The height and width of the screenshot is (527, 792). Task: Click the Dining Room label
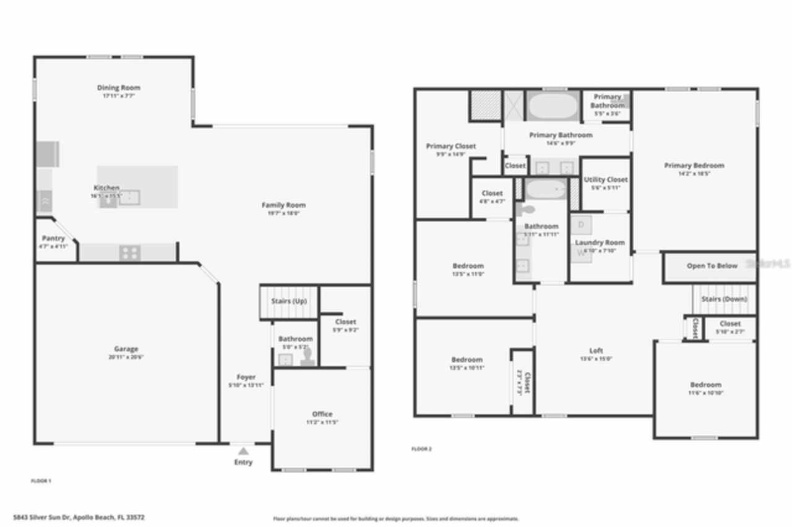pyautogui.click(x=118, y=88)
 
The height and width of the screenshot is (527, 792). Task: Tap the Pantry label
pyautogui.click(x=53, y=238)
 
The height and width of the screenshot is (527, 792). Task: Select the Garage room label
pyautogui.click(x=126, y=349)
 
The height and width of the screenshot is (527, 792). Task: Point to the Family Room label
pyautogui.click(x=283, y=205)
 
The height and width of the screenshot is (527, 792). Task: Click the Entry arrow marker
pyautogui.click(x=244, y=451)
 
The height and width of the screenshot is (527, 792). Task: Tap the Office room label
pyautogui.click(x=322, y=414)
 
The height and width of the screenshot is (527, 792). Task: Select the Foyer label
pyautogui.click(x=246, y=377)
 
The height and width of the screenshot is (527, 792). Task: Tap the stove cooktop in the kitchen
pyautogui.click(x=130, y=252)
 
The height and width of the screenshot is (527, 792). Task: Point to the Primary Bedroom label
pyautogui.click(x=694, y=166)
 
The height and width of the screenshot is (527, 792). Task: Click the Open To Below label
pyautogui.click(x=712, y=266)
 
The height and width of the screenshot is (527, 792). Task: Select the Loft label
pyautogui.click(x=596, y=351)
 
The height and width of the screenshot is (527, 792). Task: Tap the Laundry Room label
pyautogui.click(x=600, y=242)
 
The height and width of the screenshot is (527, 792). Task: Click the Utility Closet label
pyautogui.click(x=606, y=179)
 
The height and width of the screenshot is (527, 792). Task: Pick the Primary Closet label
pyautogui.click(x=451, y=146)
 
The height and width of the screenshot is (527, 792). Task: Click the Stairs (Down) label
pyautogui.click(x=724, y=299)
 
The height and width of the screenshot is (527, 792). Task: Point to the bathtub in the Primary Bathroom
pyautogui.click(x=554, y=106)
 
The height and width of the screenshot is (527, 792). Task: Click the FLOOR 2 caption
pyautogui.click(x=421, y=448)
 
